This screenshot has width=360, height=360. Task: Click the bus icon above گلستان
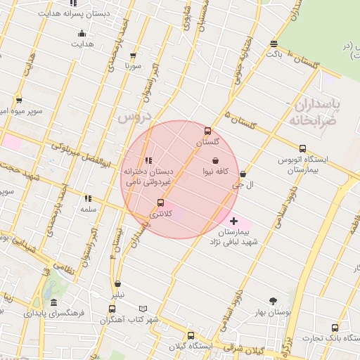coord(207,131)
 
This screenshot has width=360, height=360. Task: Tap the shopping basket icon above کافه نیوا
coord(214,161)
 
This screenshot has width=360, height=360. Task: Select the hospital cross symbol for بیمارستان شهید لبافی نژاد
coord(233,221)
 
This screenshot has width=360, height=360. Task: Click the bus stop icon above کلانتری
coord(160,202)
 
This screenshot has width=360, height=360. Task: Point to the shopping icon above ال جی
coord(243,174)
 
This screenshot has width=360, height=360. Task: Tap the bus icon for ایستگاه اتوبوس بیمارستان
coord(302,148)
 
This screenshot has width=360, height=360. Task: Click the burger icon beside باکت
coord(273,44)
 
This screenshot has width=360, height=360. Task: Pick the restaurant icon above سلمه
coord(88,199)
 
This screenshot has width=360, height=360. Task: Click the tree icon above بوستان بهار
coord(273,301)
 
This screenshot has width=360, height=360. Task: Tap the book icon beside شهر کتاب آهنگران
coord(143,309)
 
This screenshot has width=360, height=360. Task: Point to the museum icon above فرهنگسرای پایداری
coord(53,302)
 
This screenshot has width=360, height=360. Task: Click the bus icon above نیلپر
coord(118,285)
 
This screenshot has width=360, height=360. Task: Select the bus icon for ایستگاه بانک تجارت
coord(335,327)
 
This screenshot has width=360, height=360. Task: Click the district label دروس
coord(134,117)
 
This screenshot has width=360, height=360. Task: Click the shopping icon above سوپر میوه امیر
coord(18,101)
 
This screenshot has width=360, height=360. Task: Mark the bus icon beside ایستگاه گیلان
coord(190,335)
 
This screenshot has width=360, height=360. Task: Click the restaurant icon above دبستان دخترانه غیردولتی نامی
coord(148,160)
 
